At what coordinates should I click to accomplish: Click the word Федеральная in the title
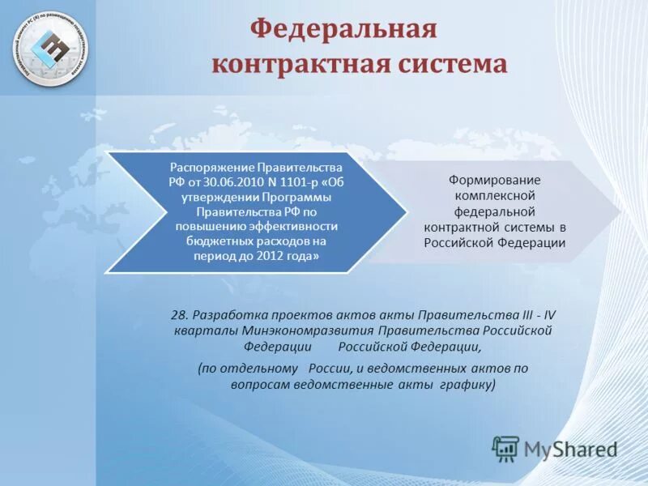(x=343, y=30)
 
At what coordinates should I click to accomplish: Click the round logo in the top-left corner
(x=53, y=48)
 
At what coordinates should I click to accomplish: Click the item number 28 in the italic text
(x=178, y=315)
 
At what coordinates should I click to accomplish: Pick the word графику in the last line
(x=467, y=384)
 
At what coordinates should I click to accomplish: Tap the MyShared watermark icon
(x=505, y=448)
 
